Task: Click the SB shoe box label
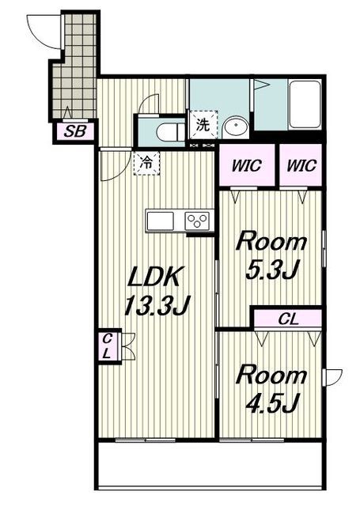click(x=74, y=131)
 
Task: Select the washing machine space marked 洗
click(x=203, y=125)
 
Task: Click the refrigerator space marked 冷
click(x=146, y=164)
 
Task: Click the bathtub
click(x=305, y=104)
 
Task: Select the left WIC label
click(x=247, y=166)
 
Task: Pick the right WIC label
click(x=301, y=166)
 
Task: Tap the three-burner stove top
click(x=197, y=221)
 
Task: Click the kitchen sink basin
click(x=160, y=221)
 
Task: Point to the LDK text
click(x=154, y=277)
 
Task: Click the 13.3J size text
click(x=157, y=305)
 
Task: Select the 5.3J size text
click(x=271, y=269)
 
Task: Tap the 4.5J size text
click(x=271, y=403)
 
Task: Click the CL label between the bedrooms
click(x=288, y=319)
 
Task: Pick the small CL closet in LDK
click(x=108, y=346)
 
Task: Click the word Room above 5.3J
click(x=271, y=242)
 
